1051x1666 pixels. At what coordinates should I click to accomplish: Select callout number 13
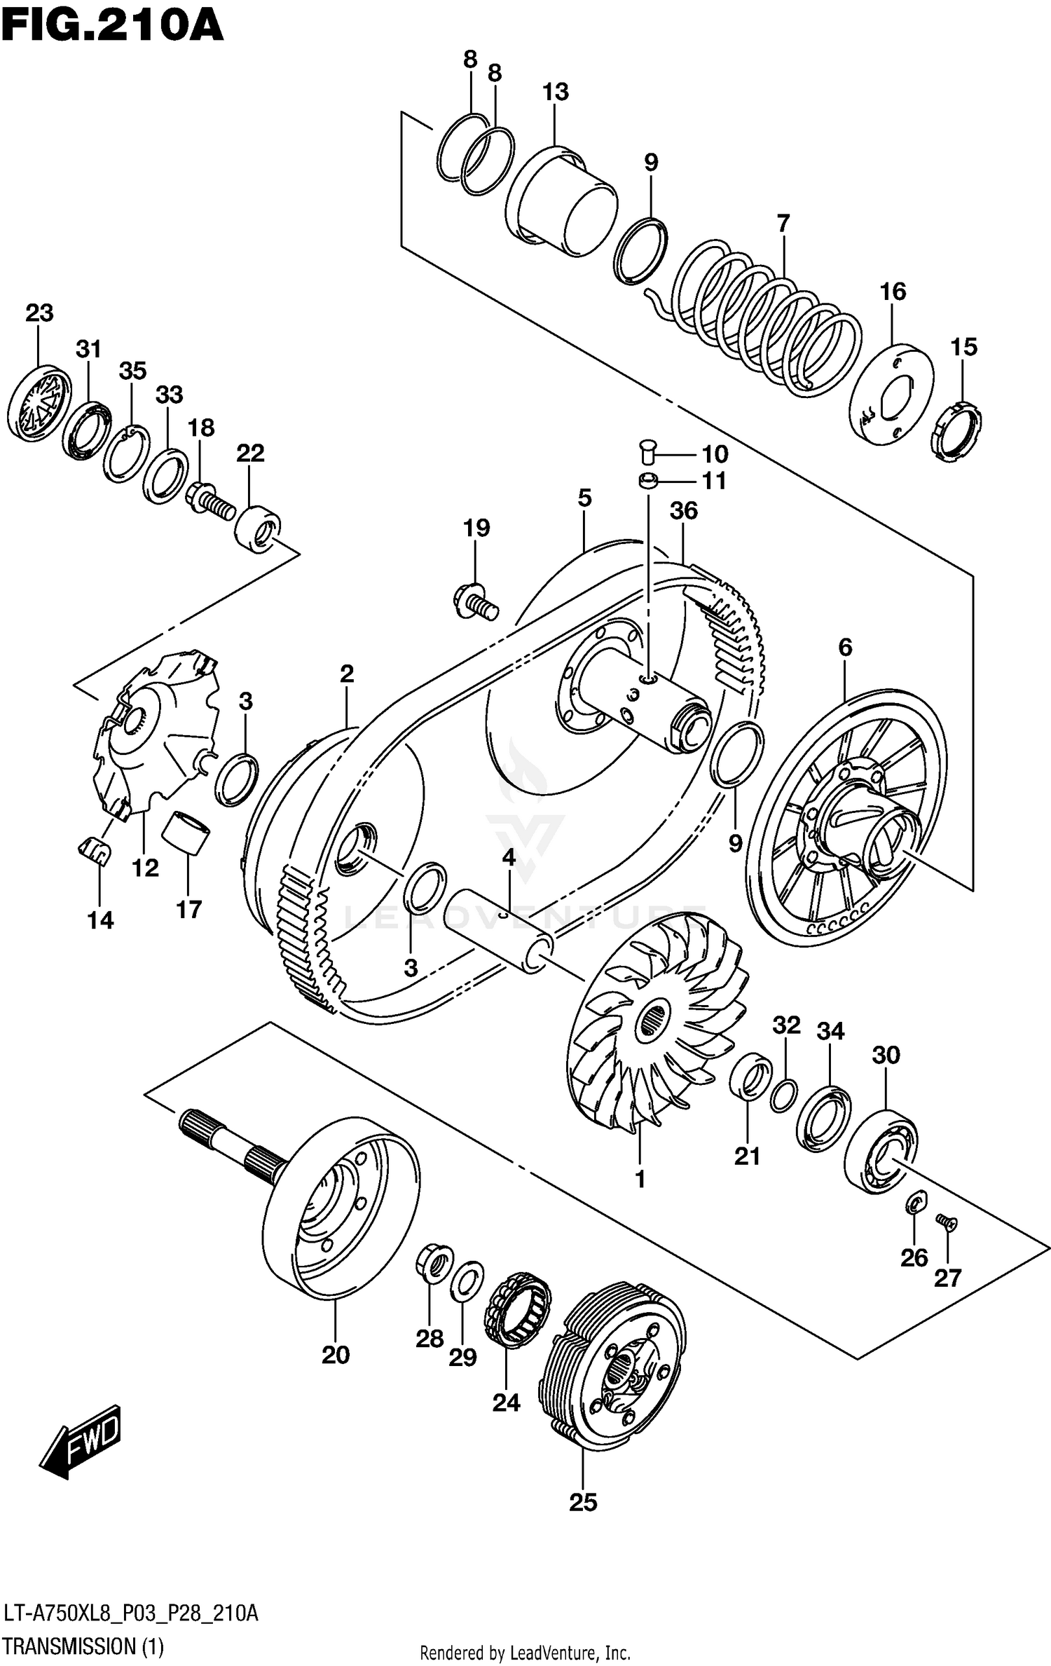coord(555,92)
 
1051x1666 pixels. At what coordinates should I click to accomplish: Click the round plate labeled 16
coord(891,394)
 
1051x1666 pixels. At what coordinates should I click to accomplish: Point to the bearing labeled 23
coord(39,404)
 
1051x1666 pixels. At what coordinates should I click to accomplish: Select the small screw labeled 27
coord(947,1223)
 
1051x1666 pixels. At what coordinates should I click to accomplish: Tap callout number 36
coord(683,511)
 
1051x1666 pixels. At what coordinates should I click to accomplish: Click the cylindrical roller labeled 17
coord(186,833)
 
